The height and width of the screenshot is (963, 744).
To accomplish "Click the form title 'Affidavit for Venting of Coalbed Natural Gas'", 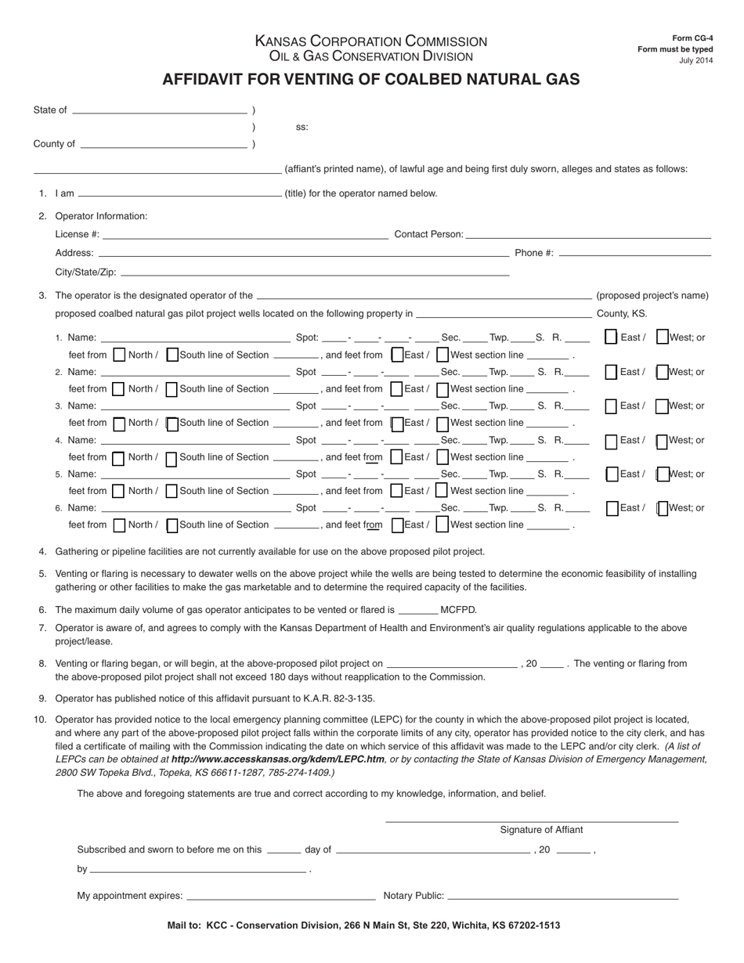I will [x=370, y=79].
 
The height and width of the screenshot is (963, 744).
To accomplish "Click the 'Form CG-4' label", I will [x=692, y=38].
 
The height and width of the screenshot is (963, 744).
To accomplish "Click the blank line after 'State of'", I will [x=159, y=111].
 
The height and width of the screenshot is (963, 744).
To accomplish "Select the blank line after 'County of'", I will [x=163, y=145].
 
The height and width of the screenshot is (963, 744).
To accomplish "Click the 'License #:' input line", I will [x=244, y=235].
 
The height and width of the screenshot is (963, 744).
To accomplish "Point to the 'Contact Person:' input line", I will [x=588, y=235].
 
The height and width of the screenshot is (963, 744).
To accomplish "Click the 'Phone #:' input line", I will [x=635, y=254].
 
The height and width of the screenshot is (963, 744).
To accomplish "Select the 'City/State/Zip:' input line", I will [x=315, y=273].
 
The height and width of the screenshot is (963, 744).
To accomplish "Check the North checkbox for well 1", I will [x=119, y=355].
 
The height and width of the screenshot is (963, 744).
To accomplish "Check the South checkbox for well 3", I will [x=172, y=424].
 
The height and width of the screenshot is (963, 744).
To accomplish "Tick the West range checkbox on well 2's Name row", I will [x=662, y=372].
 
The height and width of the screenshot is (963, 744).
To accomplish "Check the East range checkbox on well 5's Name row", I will [x=612, y=474].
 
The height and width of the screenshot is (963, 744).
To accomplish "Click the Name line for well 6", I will [x=195, y=509].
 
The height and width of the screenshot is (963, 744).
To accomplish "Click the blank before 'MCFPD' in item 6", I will [x=417, y=611].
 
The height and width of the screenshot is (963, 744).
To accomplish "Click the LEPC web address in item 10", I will [x=278, y=759].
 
